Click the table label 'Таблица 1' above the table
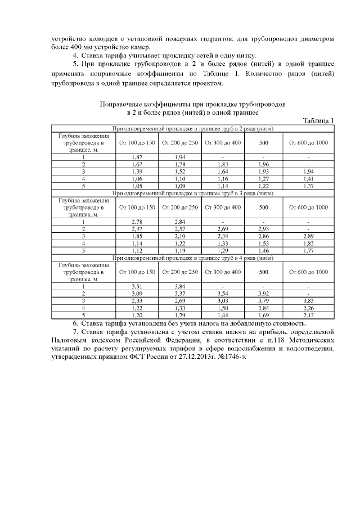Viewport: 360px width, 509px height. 318,120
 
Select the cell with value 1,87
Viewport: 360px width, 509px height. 136,156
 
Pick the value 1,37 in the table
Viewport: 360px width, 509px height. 308,186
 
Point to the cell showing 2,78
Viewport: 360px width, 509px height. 136,222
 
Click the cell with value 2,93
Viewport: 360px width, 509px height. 263,229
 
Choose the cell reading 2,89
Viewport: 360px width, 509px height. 308,236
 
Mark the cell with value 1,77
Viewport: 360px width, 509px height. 308,251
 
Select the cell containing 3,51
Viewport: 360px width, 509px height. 136,286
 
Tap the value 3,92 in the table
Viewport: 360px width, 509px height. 263,294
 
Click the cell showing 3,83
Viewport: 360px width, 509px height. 308,301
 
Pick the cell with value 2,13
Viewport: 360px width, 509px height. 308,316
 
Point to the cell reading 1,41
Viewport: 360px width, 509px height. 308,178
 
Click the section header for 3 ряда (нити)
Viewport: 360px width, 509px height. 193,193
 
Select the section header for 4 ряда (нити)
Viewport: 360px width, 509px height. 193,258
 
